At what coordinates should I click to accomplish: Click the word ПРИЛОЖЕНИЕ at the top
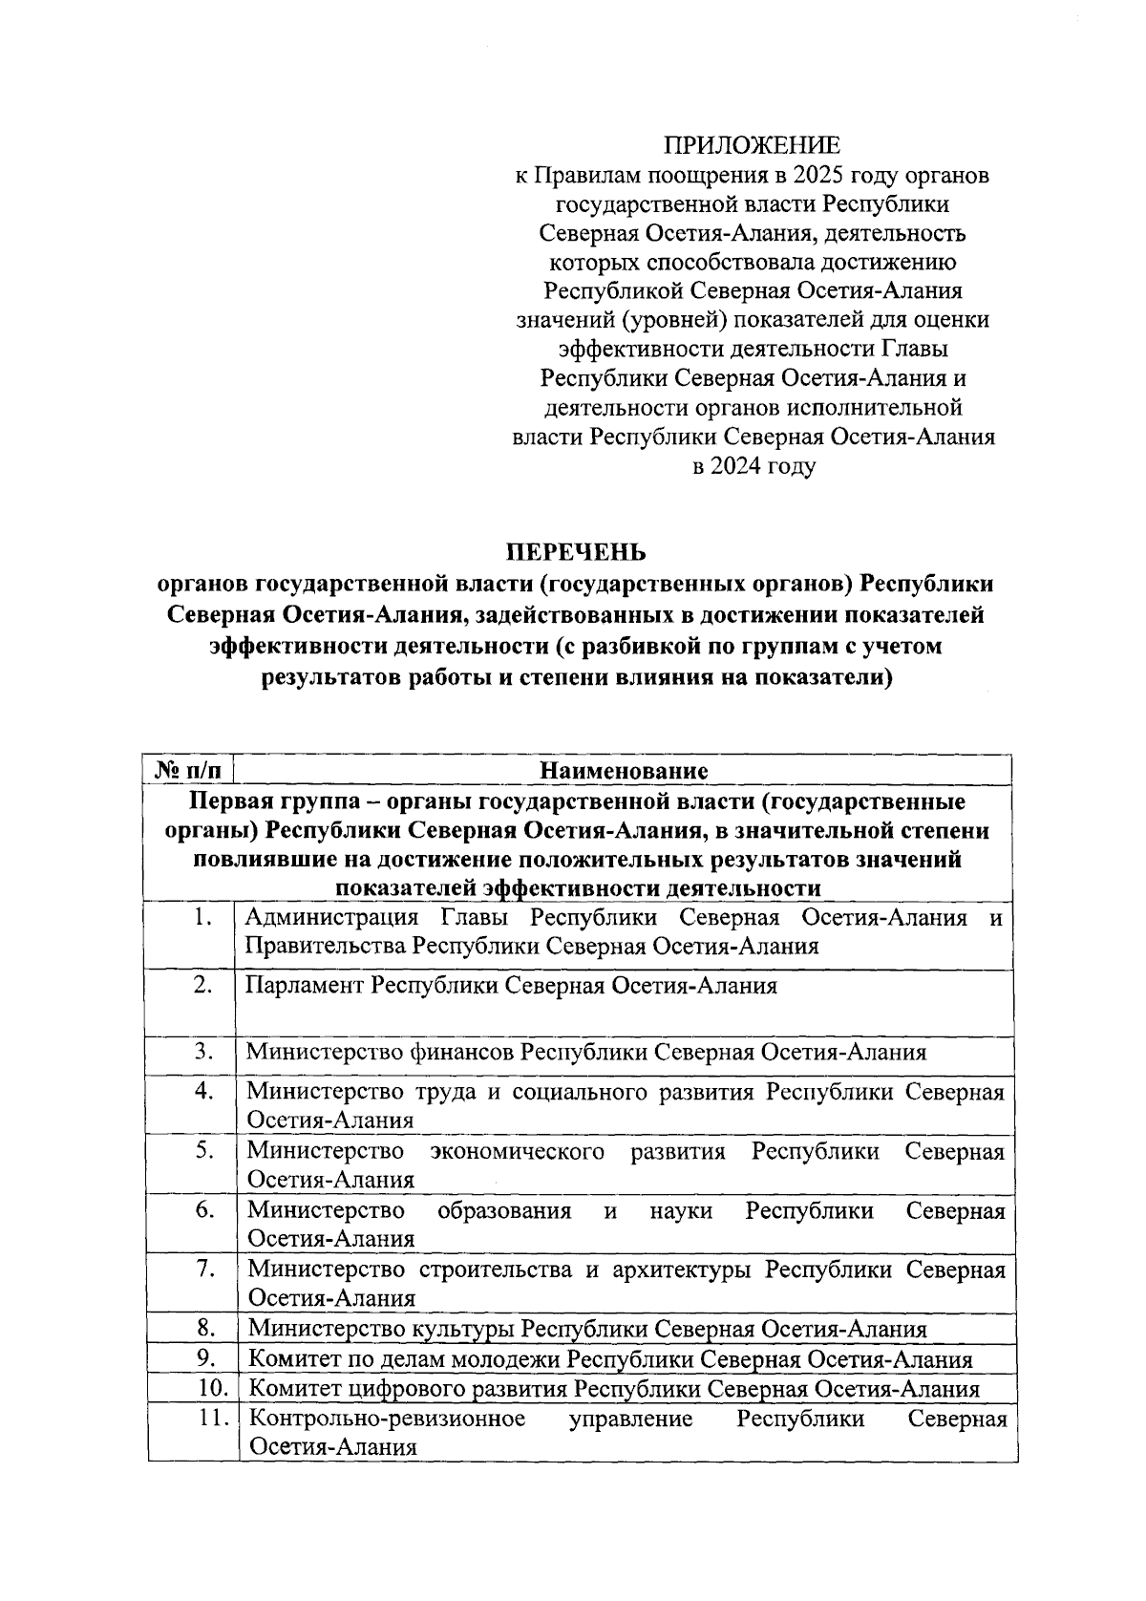click(753, 145)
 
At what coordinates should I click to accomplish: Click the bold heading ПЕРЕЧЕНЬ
click(576, 552)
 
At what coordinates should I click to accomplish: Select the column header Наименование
click(624, 770)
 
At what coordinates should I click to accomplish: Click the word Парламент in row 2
click(305, 985)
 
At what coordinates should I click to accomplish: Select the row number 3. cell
click(202, 1052)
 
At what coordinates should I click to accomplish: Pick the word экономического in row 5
click(517, 1151)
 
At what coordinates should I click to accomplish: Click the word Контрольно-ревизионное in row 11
click(387, 1419)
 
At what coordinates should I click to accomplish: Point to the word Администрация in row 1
click(331, 918)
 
